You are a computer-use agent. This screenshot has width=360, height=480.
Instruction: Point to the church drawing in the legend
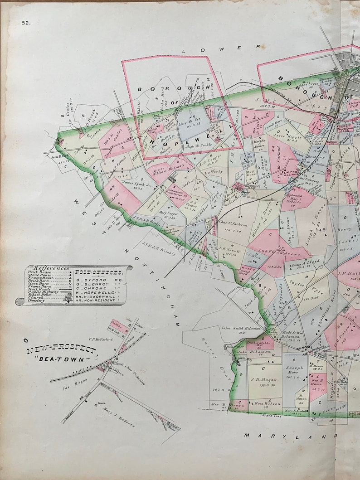click(69, 297)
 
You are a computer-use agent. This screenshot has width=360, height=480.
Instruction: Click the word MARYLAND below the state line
click(285, 436)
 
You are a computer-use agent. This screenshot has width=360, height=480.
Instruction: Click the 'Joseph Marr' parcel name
click(294, 370)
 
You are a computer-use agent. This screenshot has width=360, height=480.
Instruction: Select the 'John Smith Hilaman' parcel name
click(241, 328)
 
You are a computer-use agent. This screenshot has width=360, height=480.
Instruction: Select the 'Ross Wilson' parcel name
click(267, 403)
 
